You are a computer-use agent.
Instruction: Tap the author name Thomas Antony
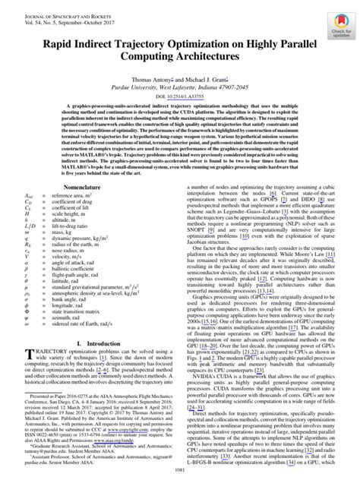[x=153, y=78]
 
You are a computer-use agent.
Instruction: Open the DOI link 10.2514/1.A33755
[x=180, y=97]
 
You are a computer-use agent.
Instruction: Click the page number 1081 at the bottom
[x=180, y=472]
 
